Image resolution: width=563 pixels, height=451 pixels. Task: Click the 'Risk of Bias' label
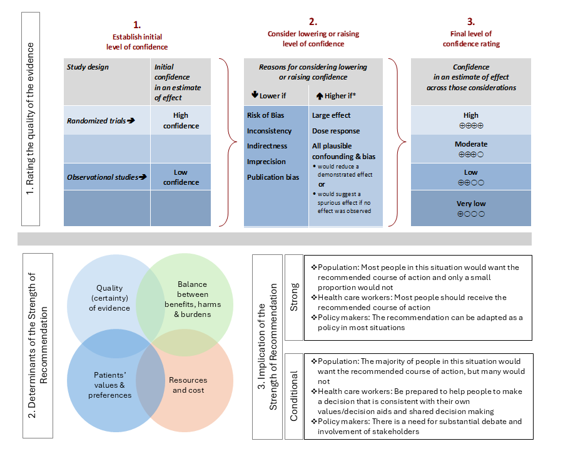(265, 115)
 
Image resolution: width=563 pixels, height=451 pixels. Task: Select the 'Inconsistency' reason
(269, 131)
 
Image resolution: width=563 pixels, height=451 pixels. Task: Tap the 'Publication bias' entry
(273, 177)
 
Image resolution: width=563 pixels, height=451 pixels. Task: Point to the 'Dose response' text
(336, 131)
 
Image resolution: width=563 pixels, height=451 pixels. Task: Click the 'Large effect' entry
(331, 115)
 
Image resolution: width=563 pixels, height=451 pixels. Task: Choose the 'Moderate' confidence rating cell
(471, 148)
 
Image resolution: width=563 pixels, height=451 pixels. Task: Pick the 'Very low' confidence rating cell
(471, 208)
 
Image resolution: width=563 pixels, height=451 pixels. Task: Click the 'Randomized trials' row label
(101, 121)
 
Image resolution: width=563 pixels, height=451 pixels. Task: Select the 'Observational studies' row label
(106, 177)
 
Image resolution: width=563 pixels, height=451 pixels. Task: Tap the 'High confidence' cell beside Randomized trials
(181, 120)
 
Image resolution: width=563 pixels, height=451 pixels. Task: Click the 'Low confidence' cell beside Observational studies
(181, 177)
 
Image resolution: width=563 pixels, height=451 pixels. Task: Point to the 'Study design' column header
(88, 67)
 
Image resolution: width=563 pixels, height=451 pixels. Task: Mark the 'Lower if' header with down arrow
(270, 95)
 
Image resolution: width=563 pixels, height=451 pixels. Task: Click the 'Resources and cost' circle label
(188, 385)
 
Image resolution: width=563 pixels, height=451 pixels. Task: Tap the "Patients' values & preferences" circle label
(110, 385)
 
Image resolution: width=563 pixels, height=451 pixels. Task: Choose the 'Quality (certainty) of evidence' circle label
(109, 298)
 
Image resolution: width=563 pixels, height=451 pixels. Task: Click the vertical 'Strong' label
(294, 298)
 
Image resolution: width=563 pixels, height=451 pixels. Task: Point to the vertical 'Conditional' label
(294, 396)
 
